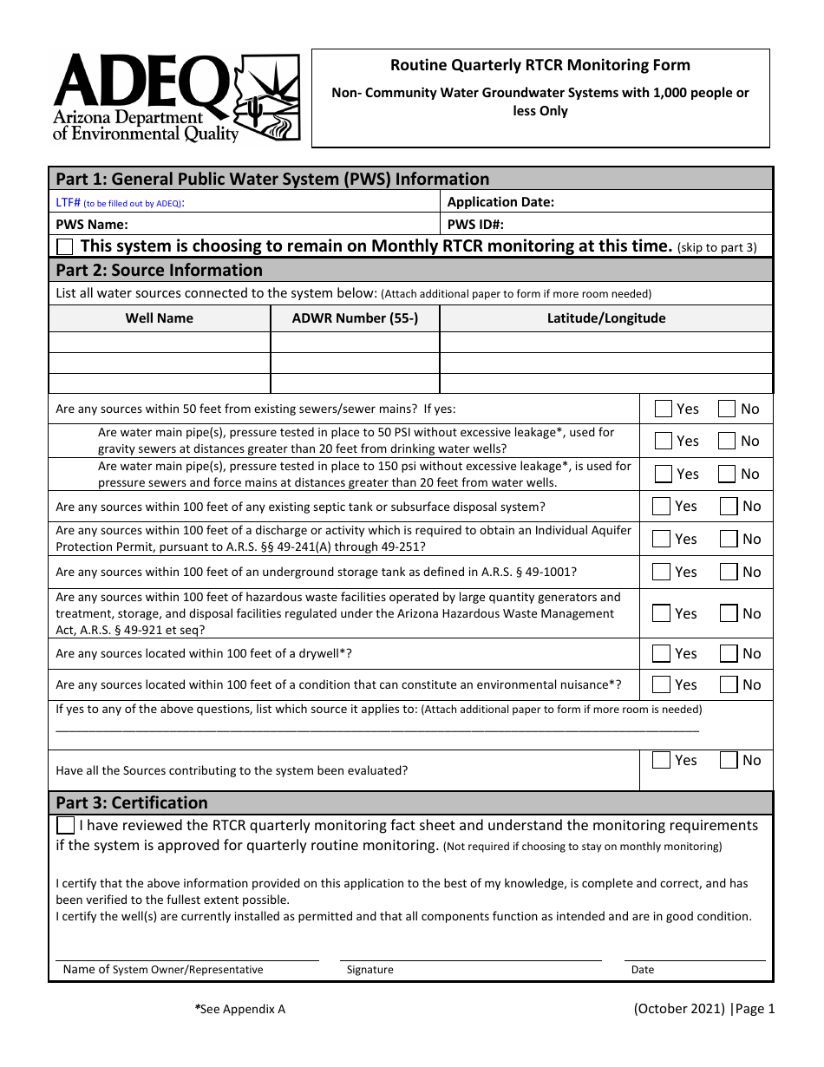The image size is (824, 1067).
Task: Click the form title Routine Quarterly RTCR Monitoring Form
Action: [540, 65]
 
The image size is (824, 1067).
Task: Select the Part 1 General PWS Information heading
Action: [272, 180]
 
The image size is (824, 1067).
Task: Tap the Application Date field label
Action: [500, 202]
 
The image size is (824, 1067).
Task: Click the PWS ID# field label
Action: [475, 224]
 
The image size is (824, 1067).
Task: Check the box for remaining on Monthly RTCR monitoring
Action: [65, 246]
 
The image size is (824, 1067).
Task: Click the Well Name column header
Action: [160, 318]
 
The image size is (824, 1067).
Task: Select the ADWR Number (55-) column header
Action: [355, 318]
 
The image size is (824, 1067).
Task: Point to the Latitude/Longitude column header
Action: [605, 318]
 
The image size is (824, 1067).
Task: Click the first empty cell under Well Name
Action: [160, 343]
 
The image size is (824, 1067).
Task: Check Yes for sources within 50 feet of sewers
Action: [664, 409]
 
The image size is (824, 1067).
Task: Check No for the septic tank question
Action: [728, 506]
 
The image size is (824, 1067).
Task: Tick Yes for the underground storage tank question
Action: [662, 572]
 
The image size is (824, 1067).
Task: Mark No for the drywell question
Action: [728, 653]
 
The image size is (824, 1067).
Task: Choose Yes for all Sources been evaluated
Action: [662, 760]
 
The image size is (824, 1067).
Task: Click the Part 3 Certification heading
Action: [132, 802]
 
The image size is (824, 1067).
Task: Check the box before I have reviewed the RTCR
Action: [65, 825]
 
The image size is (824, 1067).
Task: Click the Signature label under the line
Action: [369, 970]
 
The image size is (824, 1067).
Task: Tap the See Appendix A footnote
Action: [240, 1009]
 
